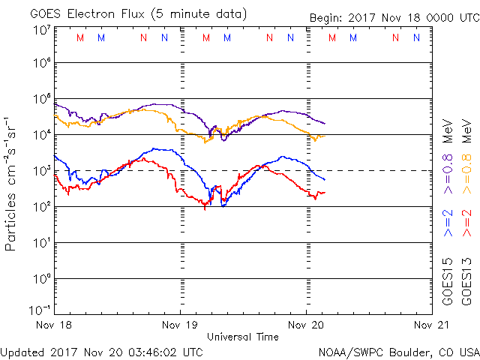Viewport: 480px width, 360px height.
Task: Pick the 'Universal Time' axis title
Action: tap(242, 337)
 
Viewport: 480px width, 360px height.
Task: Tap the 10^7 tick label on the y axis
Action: tap(41, 30)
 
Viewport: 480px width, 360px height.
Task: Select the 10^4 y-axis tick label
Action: tap(41, 135)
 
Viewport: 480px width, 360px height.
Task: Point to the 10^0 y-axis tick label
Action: tap(41, 279)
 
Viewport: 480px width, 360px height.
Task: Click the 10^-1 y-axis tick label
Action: tap(40, 310)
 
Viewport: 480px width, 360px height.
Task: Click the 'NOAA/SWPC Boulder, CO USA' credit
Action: tap(398, 351)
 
